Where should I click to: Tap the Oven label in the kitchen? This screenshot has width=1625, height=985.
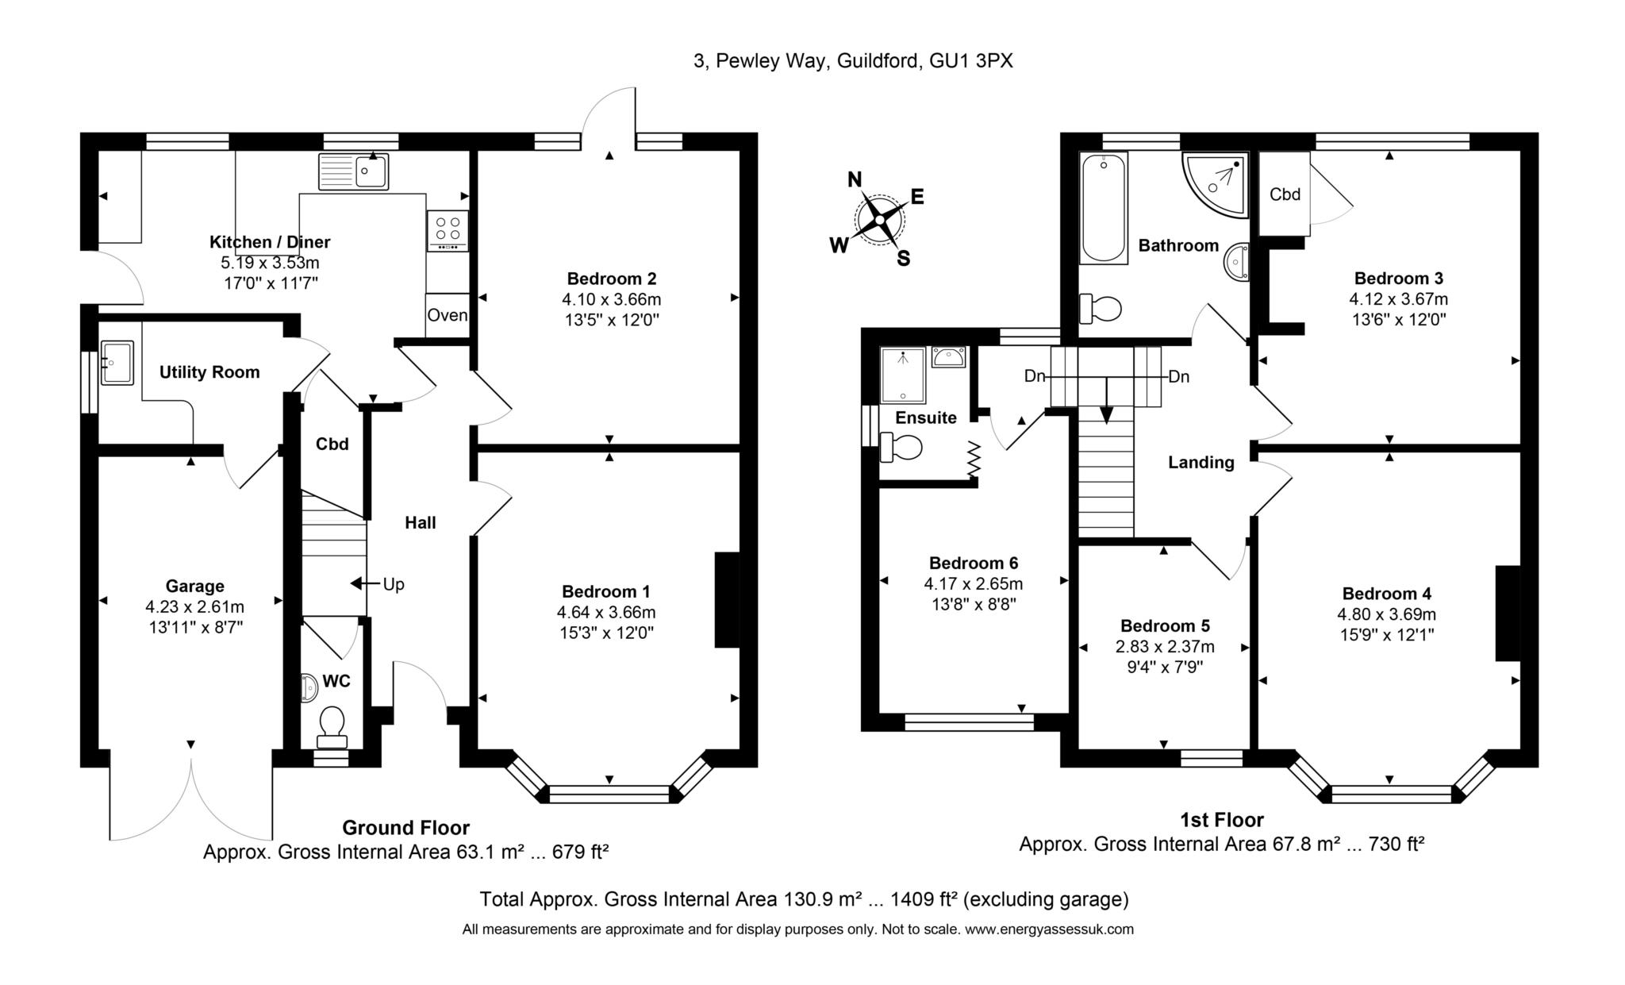[x=448, y=315]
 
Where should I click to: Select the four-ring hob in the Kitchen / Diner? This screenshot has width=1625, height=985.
[x=448, y=230]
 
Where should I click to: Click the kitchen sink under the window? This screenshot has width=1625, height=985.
[x=354, y=171]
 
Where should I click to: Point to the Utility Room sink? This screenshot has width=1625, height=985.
[x=117, y=363]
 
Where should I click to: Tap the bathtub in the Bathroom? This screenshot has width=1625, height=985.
[x=1104, y=208]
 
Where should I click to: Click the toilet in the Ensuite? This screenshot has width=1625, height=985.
[x=901, y=447]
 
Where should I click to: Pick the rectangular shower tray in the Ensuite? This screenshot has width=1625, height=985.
[x=903, y=375]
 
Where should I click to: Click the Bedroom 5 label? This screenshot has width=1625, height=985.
[x=1165, y=626]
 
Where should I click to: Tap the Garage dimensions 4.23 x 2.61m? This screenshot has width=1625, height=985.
[x=194, y=607]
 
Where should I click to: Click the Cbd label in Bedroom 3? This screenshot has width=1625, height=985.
[x=1285, y=194]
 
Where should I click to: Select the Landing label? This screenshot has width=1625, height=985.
[x=1201, y=463]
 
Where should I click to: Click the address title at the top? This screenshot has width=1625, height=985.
[x=853, y=61]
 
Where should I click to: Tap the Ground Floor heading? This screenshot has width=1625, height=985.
[x=405, y=828]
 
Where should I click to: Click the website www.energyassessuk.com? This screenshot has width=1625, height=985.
[x=1049, y=929]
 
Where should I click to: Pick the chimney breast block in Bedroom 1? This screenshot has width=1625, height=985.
[x=728, y=600]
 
